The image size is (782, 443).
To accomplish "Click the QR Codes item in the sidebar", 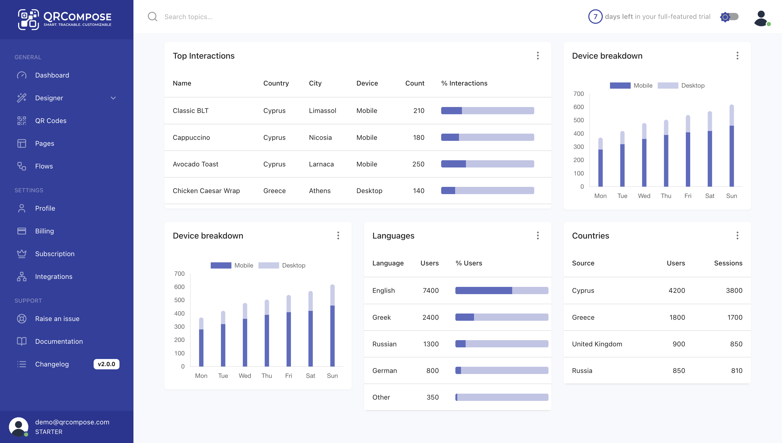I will coord(50,121).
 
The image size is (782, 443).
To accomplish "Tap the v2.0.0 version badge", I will coord(106,364).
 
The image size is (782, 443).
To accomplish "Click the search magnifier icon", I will coord(153,17).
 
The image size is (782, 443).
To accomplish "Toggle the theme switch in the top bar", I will coord(729,17).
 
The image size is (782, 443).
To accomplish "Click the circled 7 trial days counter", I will coord(595,17).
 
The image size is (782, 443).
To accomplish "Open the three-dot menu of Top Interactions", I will coord(538,56).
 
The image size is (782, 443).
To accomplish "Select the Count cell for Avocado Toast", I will coord(418,164).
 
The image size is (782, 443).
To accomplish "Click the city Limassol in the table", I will coord(322,111).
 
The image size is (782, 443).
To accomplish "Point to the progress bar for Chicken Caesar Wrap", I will coord(487,191).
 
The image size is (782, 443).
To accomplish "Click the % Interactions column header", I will coord(464,83).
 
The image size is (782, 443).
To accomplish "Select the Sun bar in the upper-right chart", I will coord(732,146).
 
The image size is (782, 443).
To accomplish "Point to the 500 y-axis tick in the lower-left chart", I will coord(179,300).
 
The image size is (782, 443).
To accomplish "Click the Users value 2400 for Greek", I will coord(430,317).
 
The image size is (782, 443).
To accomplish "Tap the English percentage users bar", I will coord(501,291).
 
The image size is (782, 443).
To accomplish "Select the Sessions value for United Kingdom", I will coord(736,344).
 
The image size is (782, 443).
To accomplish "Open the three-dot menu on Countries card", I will coord(737,235).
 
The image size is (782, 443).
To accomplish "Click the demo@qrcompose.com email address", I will coord(72,422).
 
